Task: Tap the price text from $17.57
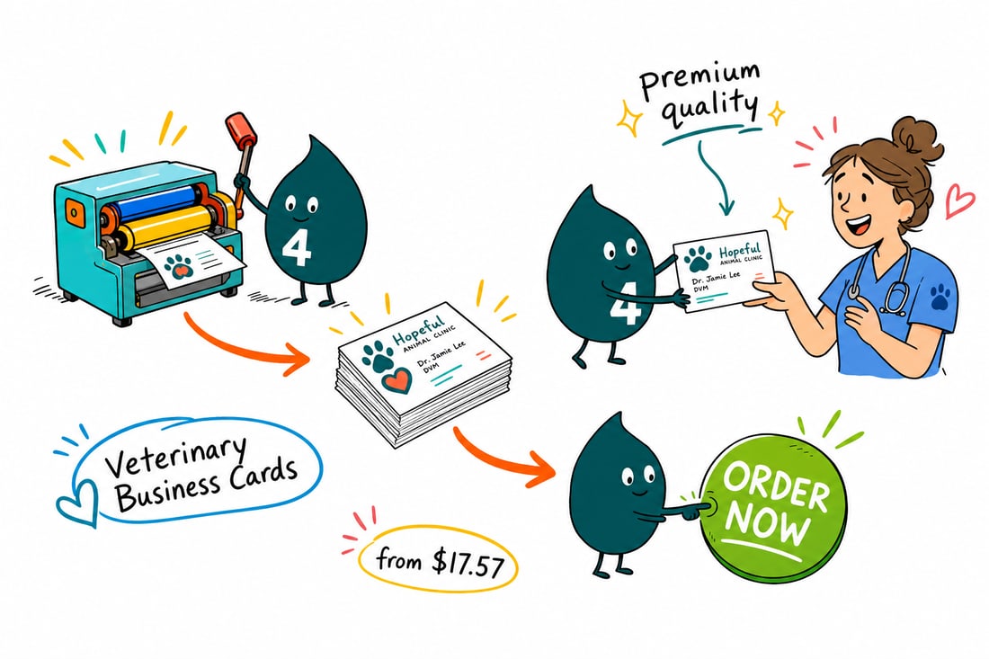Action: point(440,563)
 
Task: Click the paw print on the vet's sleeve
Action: point(940,297)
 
